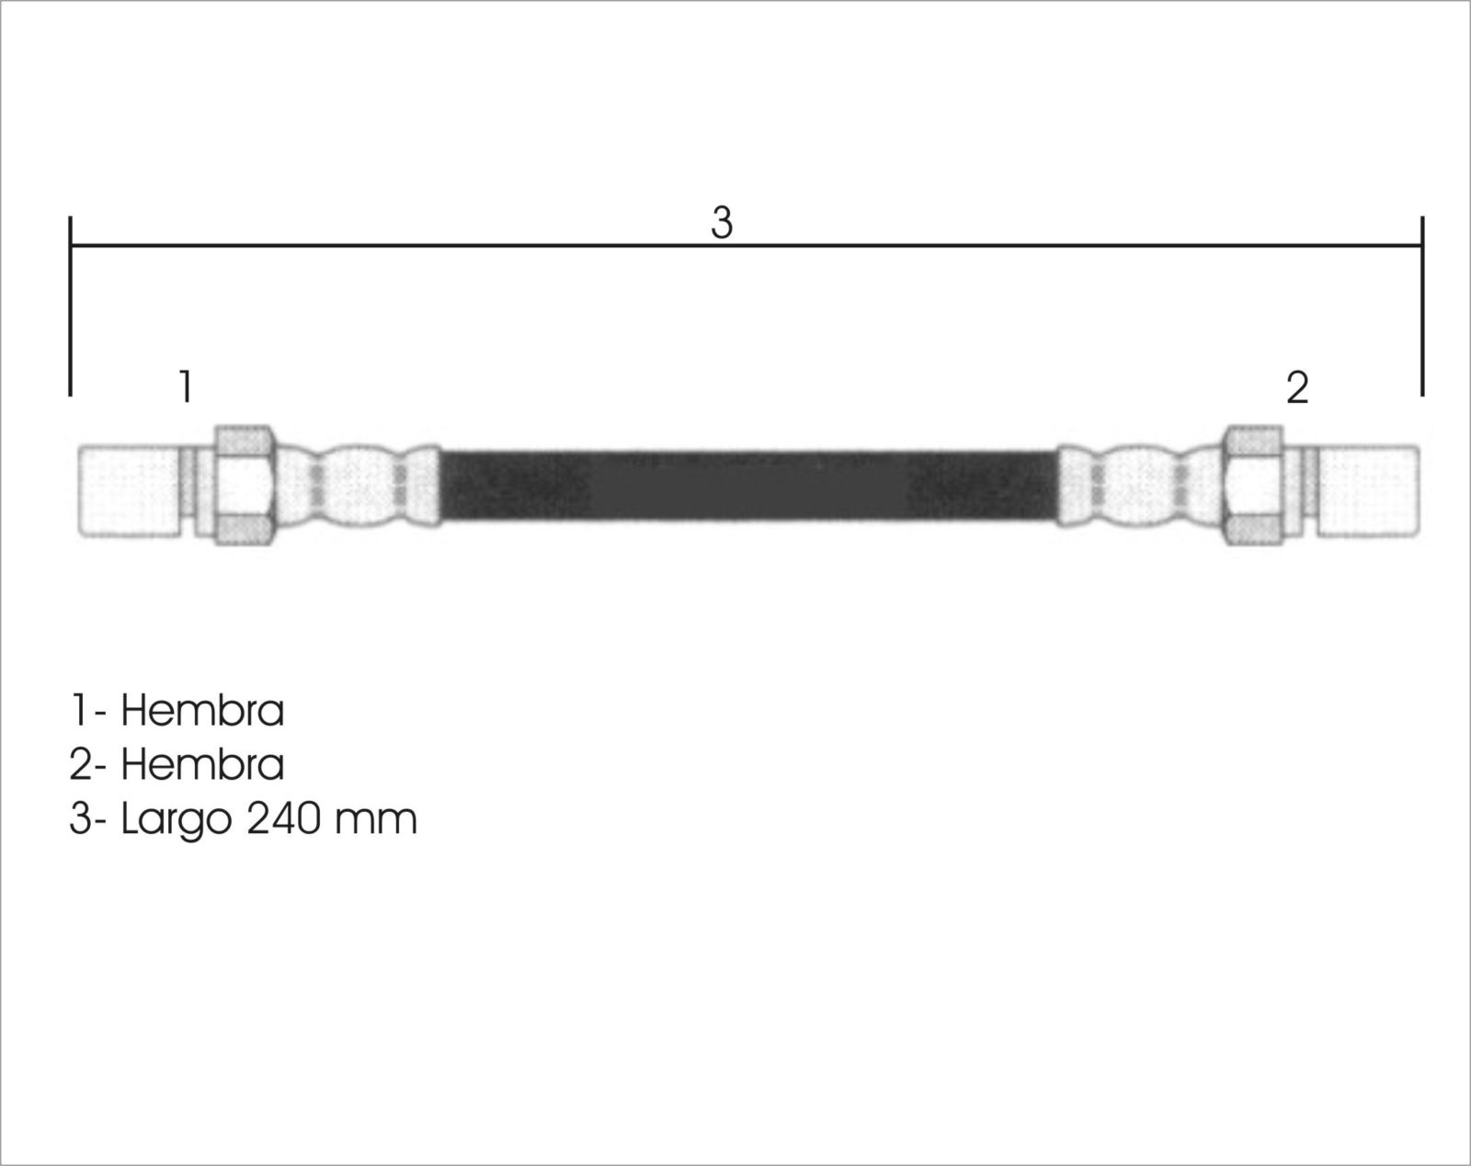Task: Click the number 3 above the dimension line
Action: pos(722,223)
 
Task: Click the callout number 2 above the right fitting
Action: pos(1297,387)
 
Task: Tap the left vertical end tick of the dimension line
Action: pos(70,305)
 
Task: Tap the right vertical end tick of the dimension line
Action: pos(1422,305)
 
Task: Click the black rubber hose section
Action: pos(747,486)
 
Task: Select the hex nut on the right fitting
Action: pos(1252,486)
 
